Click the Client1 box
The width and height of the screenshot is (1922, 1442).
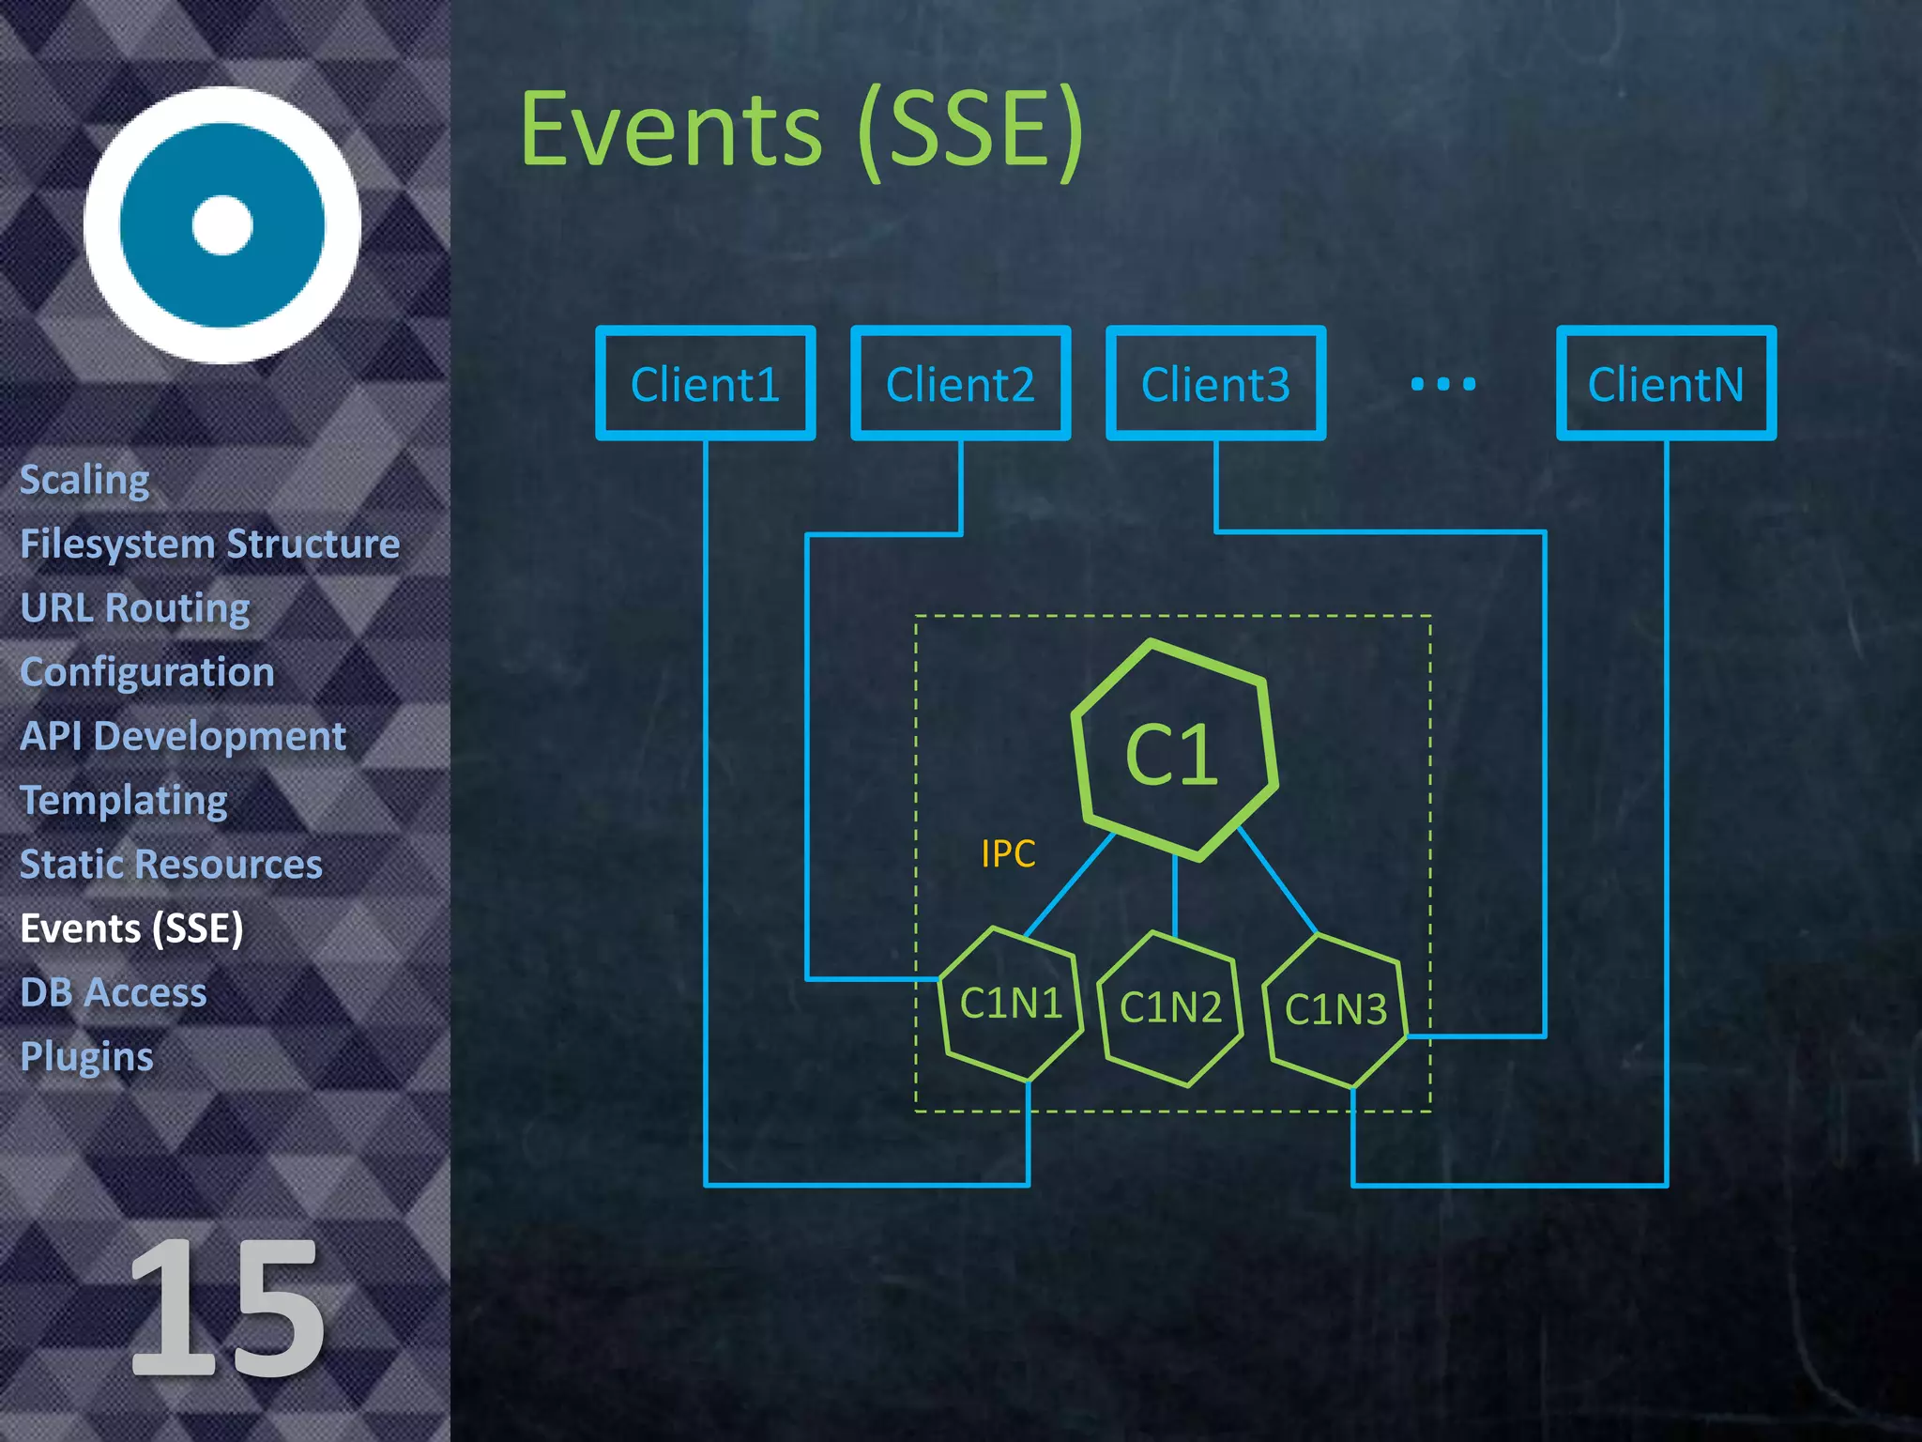pos(705,383)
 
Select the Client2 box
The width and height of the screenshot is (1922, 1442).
pos(960,383)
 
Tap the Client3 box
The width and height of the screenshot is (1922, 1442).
pos(1215,383)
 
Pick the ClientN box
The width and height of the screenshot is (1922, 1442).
pos(1666,383)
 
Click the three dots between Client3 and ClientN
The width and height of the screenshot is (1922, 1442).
pos(1443,383)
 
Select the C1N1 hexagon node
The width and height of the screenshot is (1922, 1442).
pos(1011,1004)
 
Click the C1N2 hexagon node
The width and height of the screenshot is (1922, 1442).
pos(1170,1008)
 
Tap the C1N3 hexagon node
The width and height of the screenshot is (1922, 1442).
pos(1335,1010)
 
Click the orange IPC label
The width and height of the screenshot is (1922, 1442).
pos(1008,853)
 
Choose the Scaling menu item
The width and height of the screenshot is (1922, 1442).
pos(84,480)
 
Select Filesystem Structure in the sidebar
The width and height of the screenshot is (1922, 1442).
pos(210,544)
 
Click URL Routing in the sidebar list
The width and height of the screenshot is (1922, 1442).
pos(135,607)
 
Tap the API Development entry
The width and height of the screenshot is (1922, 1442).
pos(183,736)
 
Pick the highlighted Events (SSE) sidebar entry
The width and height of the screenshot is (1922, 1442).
pos(132,928)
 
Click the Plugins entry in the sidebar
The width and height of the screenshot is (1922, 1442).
pos(86,1056)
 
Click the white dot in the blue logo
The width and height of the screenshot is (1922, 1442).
pos(222,225)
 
